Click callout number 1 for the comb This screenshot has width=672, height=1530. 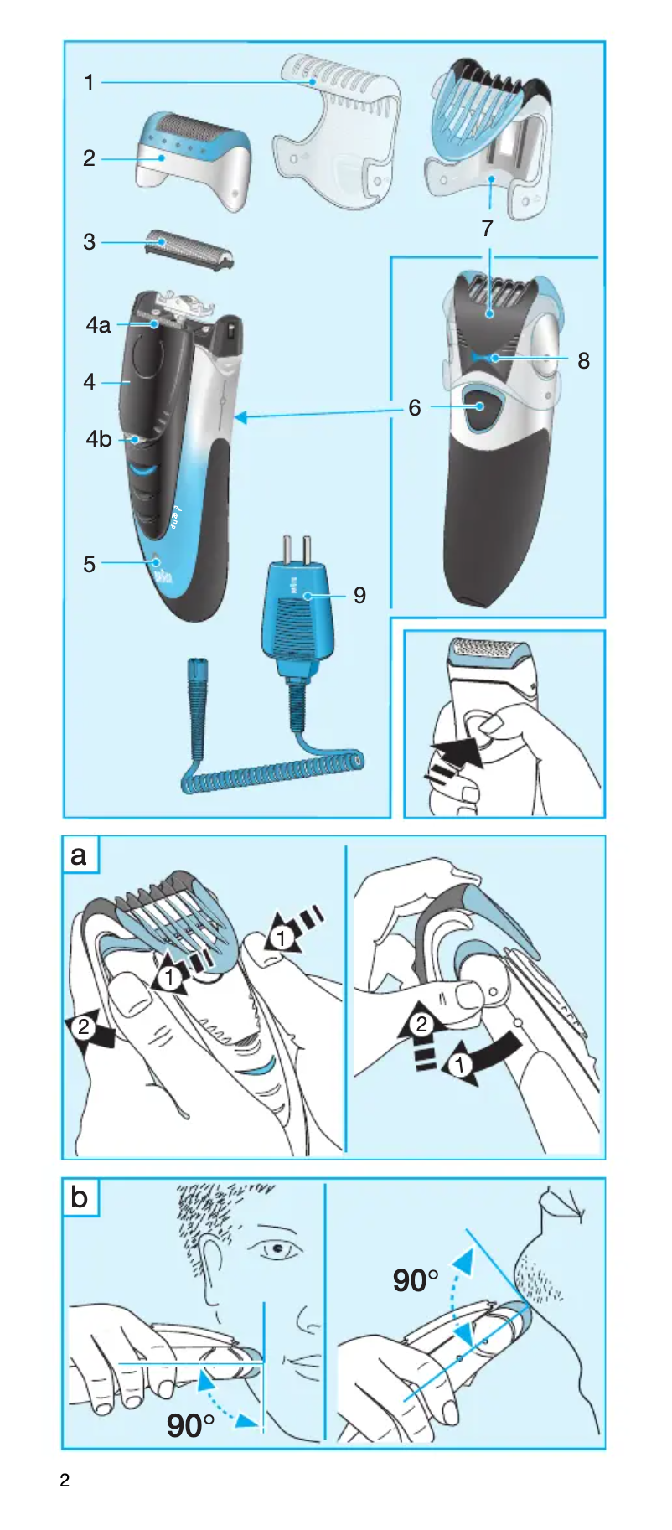click(89, 83)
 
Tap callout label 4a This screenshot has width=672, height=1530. click(98, 325)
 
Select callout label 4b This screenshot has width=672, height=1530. click(98, 439)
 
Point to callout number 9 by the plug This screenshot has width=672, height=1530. click(359, 596)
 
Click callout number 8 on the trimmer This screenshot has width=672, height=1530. click(583, 361)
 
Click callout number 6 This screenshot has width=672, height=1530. click(415, 408)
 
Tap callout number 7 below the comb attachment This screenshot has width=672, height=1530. click(488, 229)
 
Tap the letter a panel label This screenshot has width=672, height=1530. click(80, 855)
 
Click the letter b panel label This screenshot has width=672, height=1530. click(80, 1197)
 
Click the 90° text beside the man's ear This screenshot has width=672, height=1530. click(190, 1425)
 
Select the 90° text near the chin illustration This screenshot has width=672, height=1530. click(416, 1281)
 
